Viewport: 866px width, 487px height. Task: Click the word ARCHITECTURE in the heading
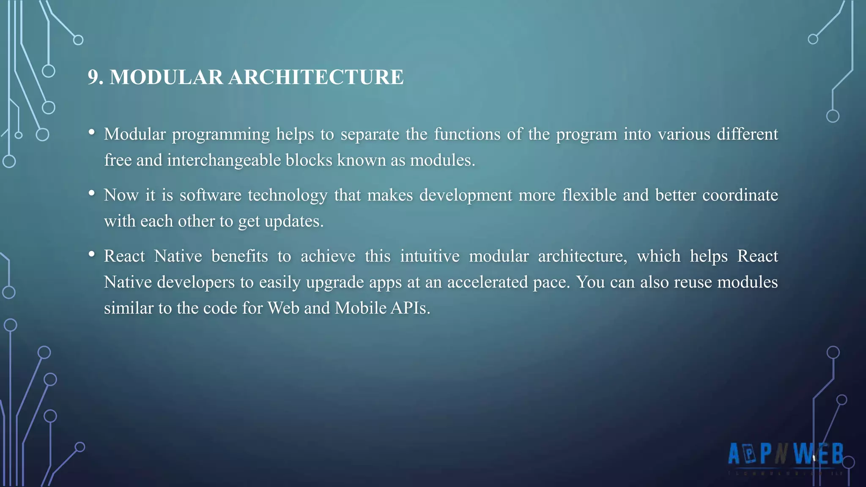pyautogui.click(x=316, y=77)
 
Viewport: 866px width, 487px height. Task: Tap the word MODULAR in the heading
pyautogui.click(x=166, y=77)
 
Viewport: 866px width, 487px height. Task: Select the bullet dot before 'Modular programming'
pyautogui.click(x=91, y=133)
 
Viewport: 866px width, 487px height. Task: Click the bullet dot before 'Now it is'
pyautogui.click(x=91, y=194)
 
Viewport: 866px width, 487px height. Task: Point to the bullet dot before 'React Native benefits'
pyautogui.click(x=91, y=254)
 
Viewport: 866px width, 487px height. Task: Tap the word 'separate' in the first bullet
pyautogui.click(x=370, y=134)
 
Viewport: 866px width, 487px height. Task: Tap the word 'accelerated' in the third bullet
pyautogui.click(x=488, y=282)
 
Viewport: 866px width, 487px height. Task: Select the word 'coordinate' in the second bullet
pyautogui.click(x=740, y=195)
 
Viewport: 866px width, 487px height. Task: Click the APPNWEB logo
pyautogui.click(x=786, y=455)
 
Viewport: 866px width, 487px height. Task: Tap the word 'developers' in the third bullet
pyautogui.click(x=196, y=282)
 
